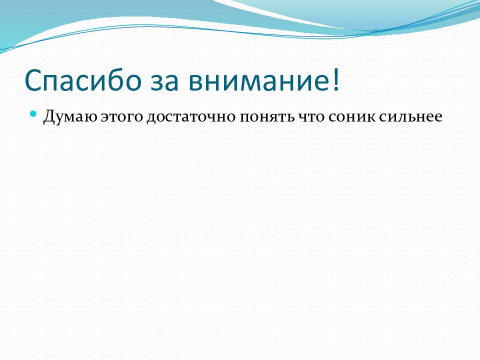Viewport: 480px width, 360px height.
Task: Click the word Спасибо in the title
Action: click(82, 80)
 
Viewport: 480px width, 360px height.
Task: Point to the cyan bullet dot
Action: click(33, 114)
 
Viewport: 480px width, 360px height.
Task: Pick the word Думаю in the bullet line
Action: click(70, 116)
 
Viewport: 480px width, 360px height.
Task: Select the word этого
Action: click(122, 117)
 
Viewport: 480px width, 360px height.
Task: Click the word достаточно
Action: click(191, 117)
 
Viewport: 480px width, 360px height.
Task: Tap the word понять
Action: click(267, 117)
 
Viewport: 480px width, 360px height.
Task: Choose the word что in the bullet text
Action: click(311, 117)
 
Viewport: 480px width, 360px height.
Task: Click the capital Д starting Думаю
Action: click(50, 116)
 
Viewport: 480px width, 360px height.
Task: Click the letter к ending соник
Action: click(370, 117)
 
